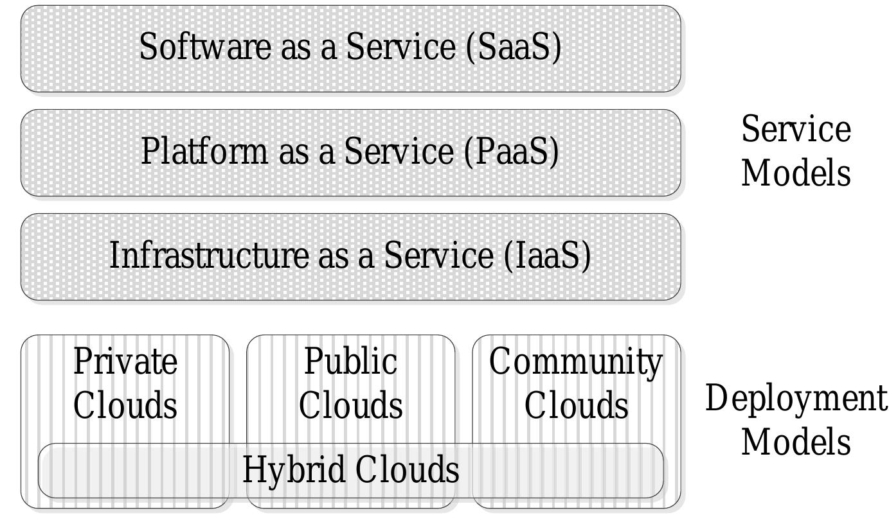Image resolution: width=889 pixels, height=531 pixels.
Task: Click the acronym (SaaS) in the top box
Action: (514, 47)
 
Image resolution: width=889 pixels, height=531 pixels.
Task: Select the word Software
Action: (205, 47)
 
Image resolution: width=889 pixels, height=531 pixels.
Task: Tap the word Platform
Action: (204, 151)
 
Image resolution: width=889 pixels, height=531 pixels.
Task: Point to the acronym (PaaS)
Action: (512, 152)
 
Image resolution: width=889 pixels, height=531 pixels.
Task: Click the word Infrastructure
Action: (209, 255)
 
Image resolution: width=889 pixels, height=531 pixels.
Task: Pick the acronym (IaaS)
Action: (548, 256)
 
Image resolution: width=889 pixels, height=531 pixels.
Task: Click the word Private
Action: (125, 361)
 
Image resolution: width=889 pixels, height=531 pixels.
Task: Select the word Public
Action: (351, 361)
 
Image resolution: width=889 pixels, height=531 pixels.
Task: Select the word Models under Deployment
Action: (796, 442)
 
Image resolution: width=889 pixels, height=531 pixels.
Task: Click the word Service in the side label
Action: (796, 128)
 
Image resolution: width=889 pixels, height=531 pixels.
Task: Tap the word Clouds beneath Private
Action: (125, 405)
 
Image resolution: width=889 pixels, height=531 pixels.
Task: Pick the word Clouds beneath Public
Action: (351, 405)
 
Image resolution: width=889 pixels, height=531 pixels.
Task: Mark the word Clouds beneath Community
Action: (576, 405)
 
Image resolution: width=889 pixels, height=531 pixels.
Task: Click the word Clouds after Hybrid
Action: (408, 469)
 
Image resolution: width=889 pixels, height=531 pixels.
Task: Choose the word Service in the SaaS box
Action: (401, 47)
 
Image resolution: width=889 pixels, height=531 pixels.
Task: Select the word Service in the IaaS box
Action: (439, 255)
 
